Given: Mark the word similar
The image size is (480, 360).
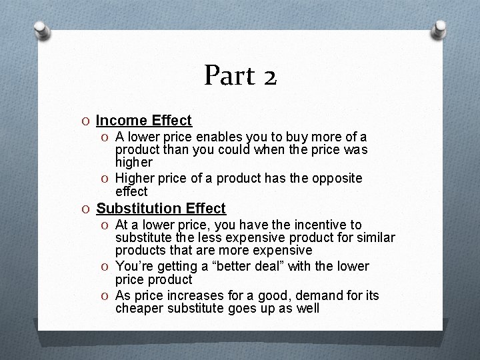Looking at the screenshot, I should click(376, 238).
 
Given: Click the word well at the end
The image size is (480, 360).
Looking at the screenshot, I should click(307, 309).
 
